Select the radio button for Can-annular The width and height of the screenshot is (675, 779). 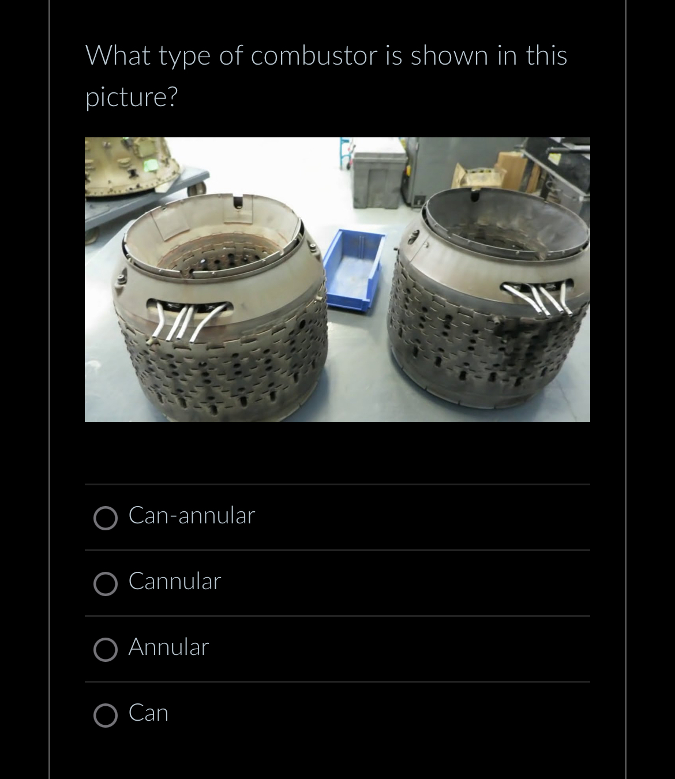click(106, 518)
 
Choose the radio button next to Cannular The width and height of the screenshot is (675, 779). click(106, 584)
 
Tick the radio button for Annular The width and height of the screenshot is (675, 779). click(106, 650)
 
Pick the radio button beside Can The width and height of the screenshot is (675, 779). click(106, 716)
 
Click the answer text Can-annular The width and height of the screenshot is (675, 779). click(192, 515)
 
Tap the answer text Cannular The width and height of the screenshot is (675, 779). click(175, 581)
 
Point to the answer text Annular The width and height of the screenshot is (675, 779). click(168, 647)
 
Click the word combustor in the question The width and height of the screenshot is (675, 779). click(314, 56)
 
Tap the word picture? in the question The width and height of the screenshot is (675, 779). click(132, 97)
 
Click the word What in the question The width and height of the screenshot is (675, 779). click(118, 56)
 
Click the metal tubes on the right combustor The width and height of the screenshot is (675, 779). click(539, 298)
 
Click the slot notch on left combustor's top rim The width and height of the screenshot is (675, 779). click(238, 202)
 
